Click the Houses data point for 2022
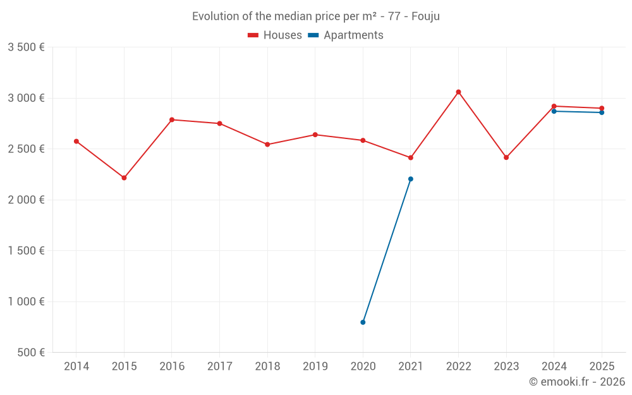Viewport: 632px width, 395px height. (459, 92)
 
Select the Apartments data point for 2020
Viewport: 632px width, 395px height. (363, 322)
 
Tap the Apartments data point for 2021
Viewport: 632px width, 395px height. (411, 179)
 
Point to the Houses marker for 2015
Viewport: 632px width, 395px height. (124, 178)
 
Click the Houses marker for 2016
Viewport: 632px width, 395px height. (172, 119)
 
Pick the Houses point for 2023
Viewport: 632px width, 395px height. (506, 157)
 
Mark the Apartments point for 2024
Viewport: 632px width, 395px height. (554, 111)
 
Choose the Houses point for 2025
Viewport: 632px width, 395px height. (602, 108)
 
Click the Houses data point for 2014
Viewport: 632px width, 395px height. (76, 142)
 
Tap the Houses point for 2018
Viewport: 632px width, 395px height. (267, 145)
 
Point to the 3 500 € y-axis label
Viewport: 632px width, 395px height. (26, 47)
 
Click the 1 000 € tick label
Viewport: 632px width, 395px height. (26, 301)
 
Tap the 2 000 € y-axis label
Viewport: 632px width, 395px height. (26, 200)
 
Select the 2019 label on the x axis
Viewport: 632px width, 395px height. (315, 367)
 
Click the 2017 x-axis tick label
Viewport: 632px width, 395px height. (219, 367)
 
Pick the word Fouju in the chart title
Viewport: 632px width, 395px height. (425, 16)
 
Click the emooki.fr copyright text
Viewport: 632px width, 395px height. (576, 382)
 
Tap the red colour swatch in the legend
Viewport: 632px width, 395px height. (253, 35)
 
